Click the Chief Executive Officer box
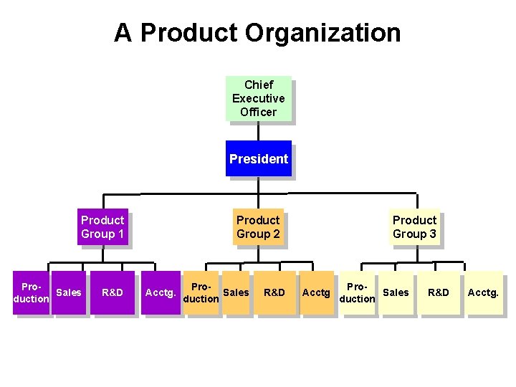click(x=258, y=98)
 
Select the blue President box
click(x=258, y=158)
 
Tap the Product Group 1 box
click(x=102, y=226)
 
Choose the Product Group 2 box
click(x=258, y=226)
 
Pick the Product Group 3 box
click(x=414, y=226)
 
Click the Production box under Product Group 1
click(x=32, y=292)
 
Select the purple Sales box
click(x=69, y=292)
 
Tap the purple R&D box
click(x=113, y=292)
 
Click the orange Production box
click(x=201, y=292)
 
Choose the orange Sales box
click(x=236, y=292)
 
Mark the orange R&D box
click(x=274, y=292)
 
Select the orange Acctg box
click(x=316, y=292)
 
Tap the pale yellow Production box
click(x=357, y=292)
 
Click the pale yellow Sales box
click(x=396, y=292)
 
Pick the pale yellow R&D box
click(x=439, y=292)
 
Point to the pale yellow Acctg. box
click(x=483, y=292)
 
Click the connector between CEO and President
click(x=258, y=130)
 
